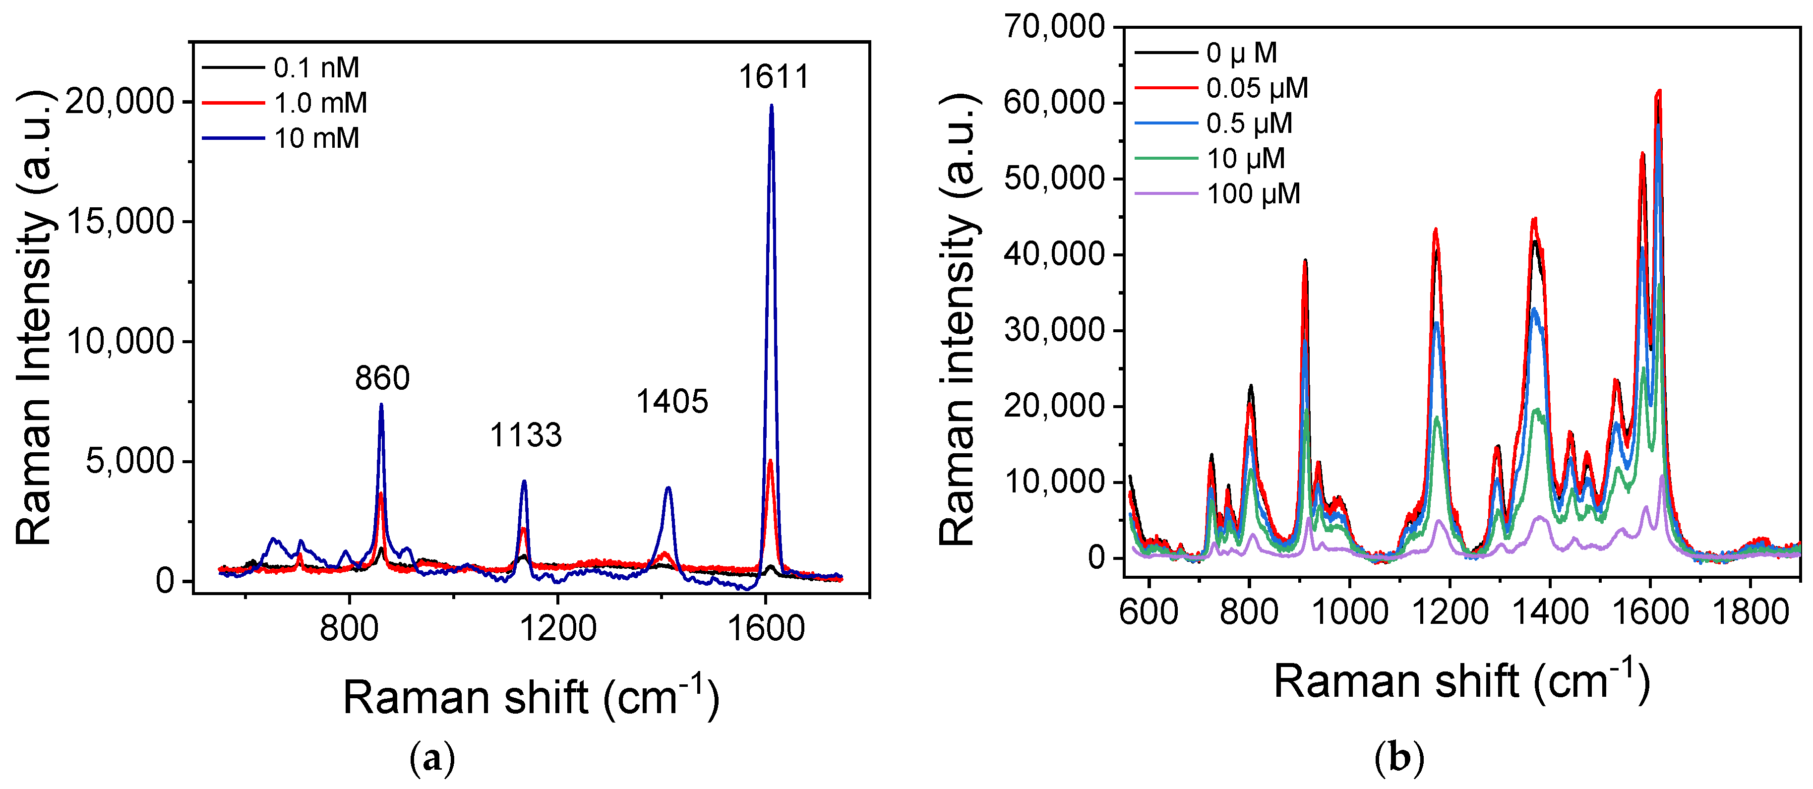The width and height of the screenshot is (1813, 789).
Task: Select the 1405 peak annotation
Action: [x=671, y=401]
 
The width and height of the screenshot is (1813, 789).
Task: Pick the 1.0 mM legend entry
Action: [x=320, y=103]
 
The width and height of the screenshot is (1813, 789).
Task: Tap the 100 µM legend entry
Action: [x=1253, y=193]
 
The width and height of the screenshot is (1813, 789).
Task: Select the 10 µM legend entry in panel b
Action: [x=1246, y=158]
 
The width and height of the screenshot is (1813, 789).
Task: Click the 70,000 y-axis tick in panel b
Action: [x=1054, y=27]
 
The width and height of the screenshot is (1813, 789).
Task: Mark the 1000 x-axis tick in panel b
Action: [x=1350, y=611]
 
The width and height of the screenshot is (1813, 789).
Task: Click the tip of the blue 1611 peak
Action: [x=772, y=106]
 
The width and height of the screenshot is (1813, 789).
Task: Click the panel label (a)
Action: [x=432, y=758]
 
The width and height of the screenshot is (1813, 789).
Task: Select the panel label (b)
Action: [x=1399, y=758]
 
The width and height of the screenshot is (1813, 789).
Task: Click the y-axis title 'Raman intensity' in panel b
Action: [x=959, y=320]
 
